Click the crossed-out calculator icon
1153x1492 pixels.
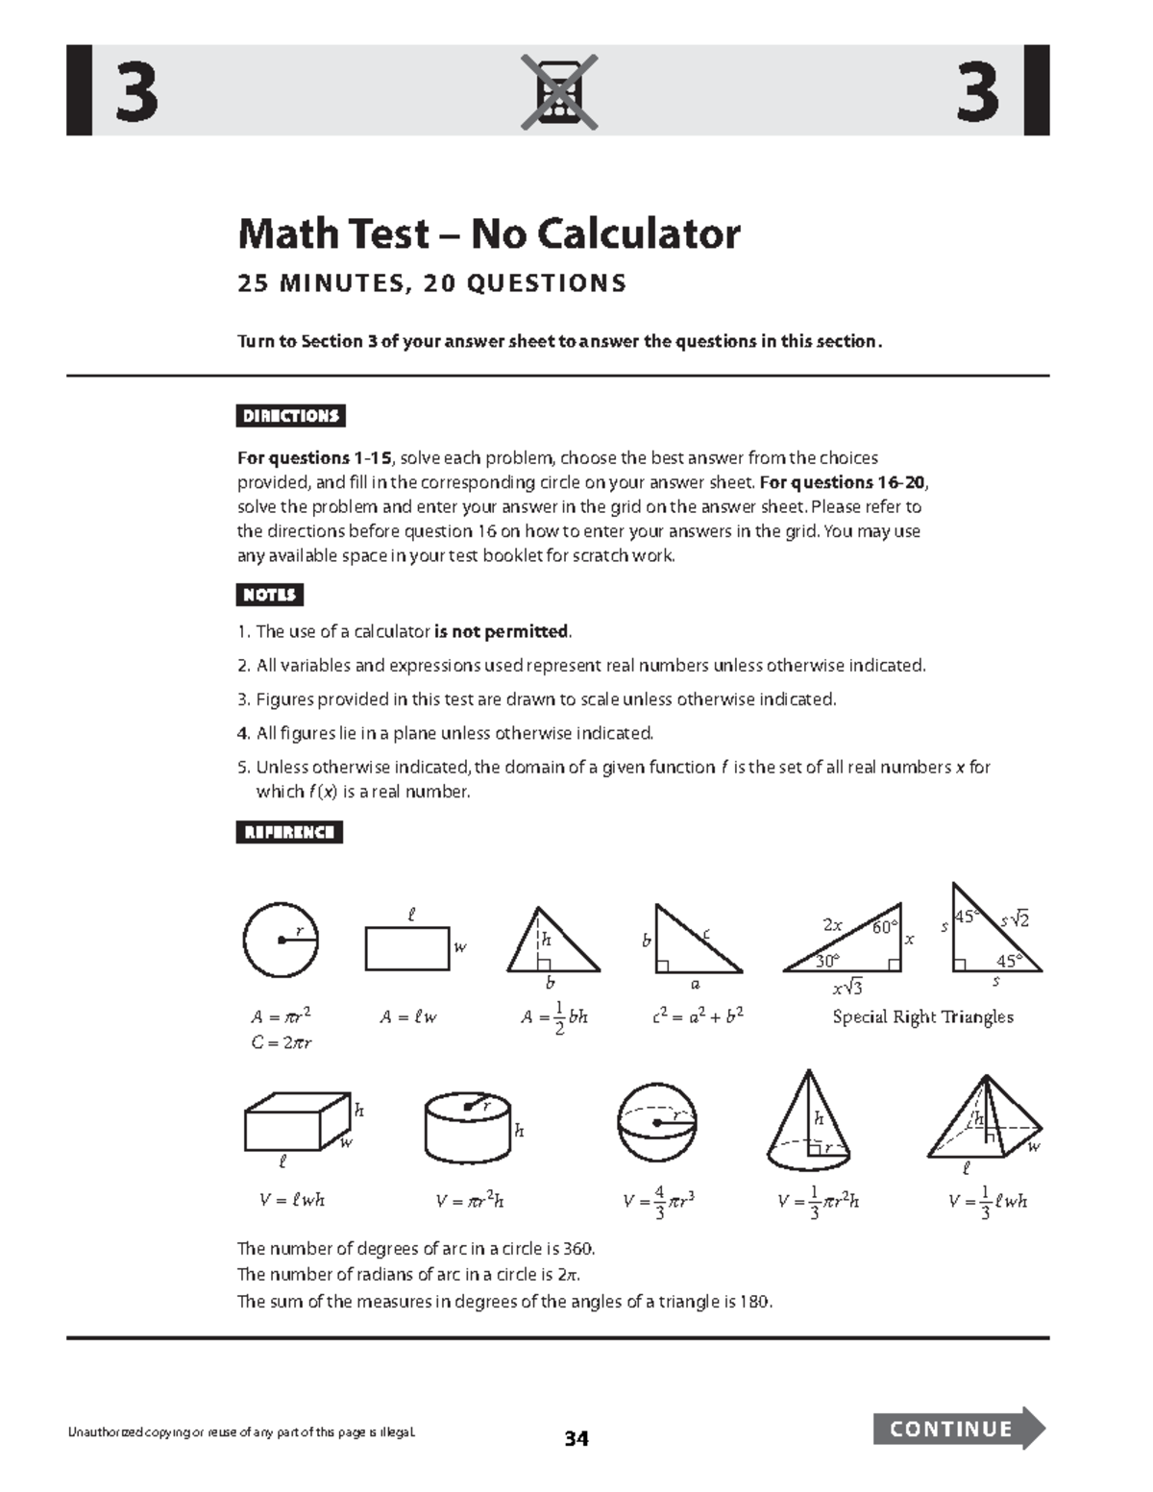pyautogui.click(x=559, y=92)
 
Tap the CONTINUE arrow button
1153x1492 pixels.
pyautogui.click(x=957, y=1428)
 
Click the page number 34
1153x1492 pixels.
pyautogui.click(x=576, y=1438)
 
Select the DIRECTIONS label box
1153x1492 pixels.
pyautogui.click(x=291, y=416)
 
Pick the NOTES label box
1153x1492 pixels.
pyautogui.click(x=270, y=595)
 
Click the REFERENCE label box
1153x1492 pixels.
pyautogui.click(x=289, y=832)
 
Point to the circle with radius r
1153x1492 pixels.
pyautogui.click(x=281, y=940)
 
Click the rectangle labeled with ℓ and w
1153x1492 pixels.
pyautogui.click(x=407, y=948)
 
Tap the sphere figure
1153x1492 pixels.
pyautogui.click(x=657, y=1123)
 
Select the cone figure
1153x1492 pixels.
pyautogui.click(x=808, y=1119)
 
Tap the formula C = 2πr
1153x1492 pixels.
pyautogui.click(x=282, y=1042)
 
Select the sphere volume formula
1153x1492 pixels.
pyautogui.click(x=659, y=1201)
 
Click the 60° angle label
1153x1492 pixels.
pyautogui.click(x=884, y=927)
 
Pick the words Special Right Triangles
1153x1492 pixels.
pyautogui.click(x=922, y=1016)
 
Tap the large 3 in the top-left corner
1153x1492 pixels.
pyautogui.click(x=136, y=92)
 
